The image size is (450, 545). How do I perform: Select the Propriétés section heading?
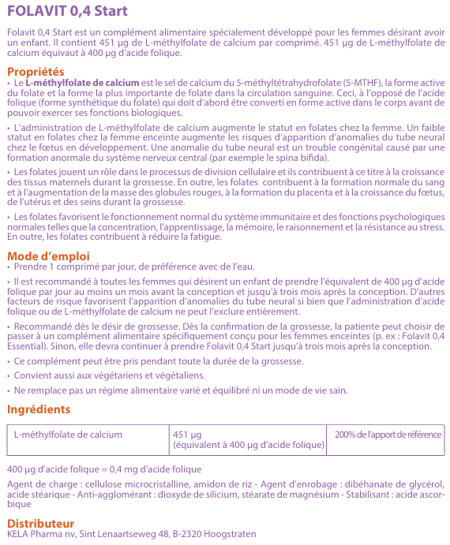(x=36, y=72)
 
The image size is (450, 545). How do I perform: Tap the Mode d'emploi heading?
(x=48, y=256)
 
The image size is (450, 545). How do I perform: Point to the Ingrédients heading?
(x=39, y=409)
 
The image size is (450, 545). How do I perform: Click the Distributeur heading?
(x=40, y=523)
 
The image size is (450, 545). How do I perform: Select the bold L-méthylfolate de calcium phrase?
(x=82, y=82)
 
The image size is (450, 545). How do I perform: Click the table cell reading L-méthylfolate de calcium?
(x=68, y=434)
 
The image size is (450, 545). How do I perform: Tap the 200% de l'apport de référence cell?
(x=388, y=434)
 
